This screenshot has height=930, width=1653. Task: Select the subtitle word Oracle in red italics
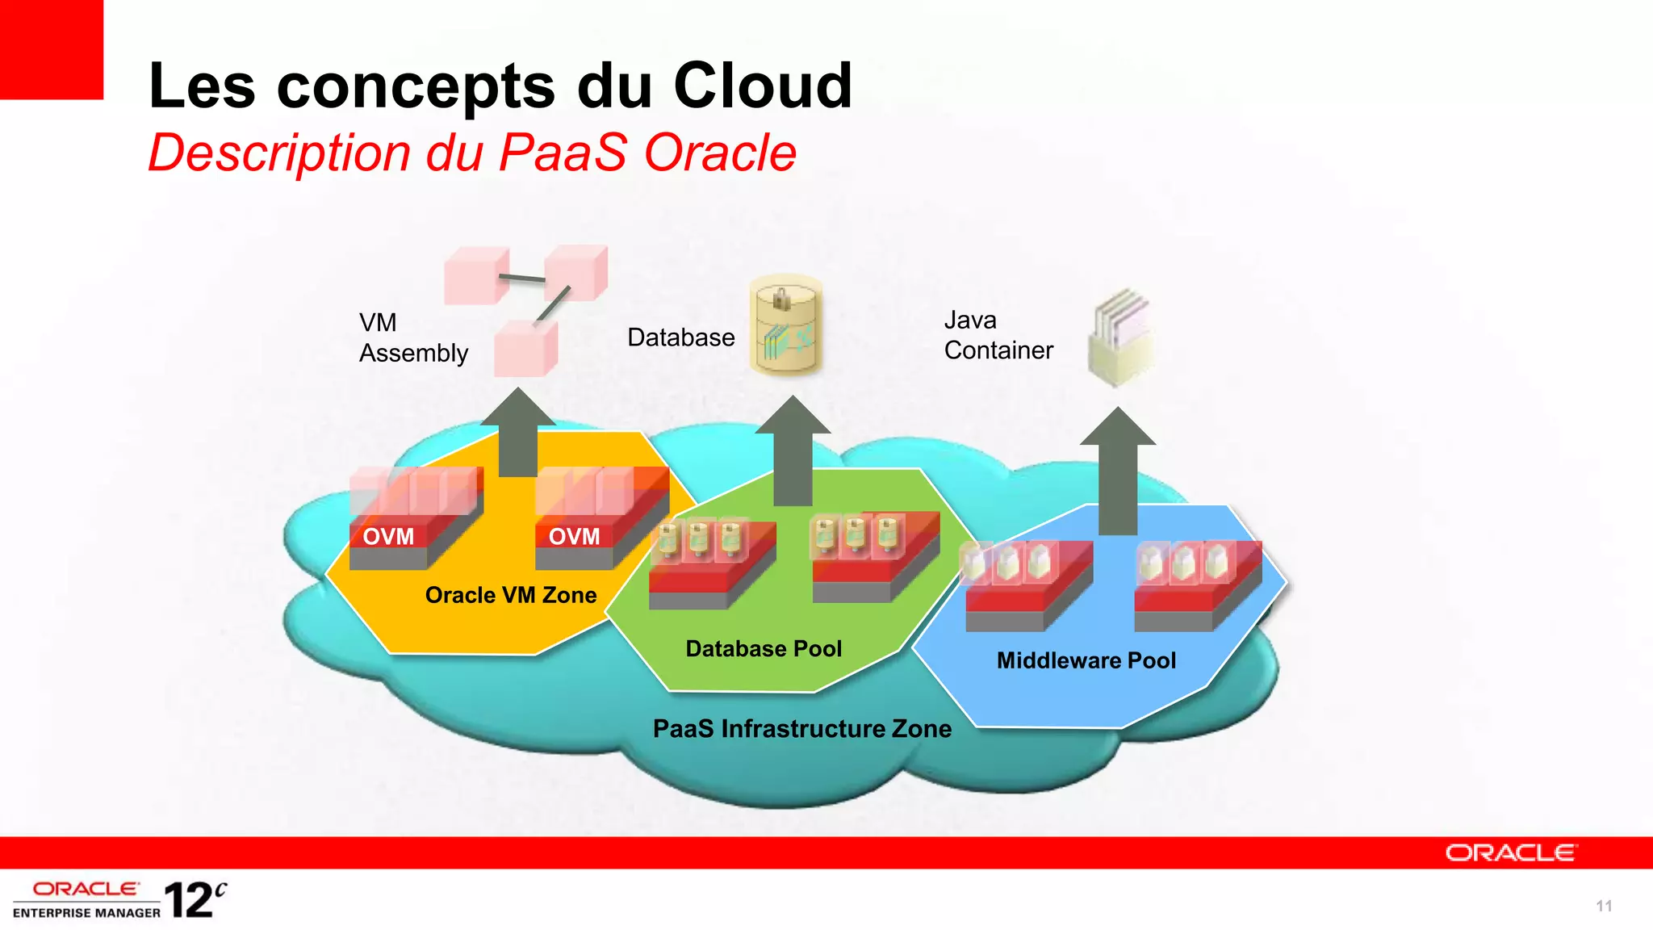720,153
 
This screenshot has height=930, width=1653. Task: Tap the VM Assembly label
412,338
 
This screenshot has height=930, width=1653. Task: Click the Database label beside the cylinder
680,337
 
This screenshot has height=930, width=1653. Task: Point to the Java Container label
998,336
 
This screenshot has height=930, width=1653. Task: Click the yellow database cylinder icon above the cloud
785,325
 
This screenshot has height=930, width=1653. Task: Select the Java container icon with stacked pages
1121,337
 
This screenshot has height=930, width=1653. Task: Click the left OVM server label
388,537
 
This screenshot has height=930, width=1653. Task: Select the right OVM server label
574,537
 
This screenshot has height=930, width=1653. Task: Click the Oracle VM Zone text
511,596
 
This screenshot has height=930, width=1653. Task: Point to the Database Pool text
764,649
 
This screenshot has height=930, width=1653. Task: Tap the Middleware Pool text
1086,661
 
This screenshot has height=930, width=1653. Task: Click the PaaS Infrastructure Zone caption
801,729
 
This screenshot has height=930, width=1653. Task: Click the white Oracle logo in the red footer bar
1510,853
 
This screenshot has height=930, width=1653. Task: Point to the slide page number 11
1604,907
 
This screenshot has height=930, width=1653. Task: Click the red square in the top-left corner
51,48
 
